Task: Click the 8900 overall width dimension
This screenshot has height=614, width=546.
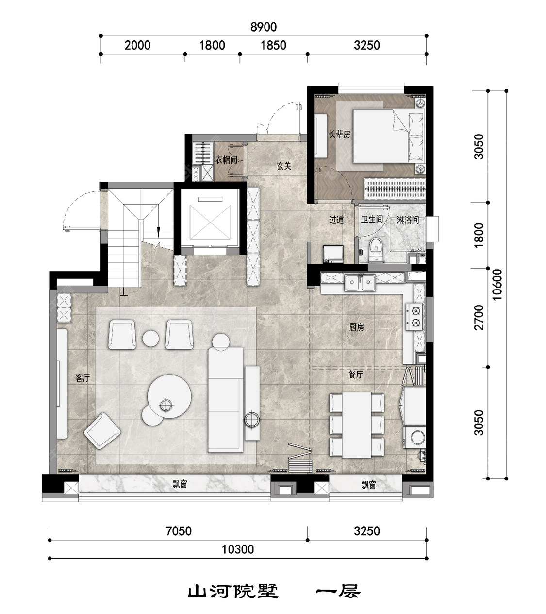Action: pos(264,27)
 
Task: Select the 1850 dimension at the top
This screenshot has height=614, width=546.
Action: pos(273,46)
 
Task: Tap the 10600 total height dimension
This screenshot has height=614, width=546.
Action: pos(497,285)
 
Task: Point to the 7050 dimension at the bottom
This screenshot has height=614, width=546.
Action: pos(179,531)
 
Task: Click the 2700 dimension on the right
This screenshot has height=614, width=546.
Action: pos(480,317)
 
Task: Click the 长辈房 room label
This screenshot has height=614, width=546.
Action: pos(339,134)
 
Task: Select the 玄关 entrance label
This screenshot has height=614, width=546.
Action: pos(284,166)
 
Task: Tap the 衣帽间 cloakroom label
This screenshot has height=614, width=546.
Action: pos(226,160)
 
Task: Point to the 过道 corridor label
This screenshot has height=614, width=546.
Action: pos(336,220)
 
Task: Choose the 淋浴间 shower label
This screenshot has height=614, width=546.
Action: pos(408,220)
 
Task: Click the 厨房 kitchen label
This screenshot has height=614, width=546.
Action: pos(356,327)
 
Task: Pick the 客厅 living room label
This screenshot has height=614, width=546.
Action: pos(83,378)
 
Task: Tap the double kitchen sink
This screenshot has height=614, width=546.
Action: pos(360,283)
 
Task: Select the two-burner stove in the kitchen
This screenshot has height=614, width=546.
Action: pos(414,316)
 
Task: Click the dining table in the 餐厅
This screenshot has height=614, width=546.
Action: pos(357,425)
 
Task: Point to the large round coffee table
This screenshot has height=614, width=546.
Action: pos(169,396)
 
